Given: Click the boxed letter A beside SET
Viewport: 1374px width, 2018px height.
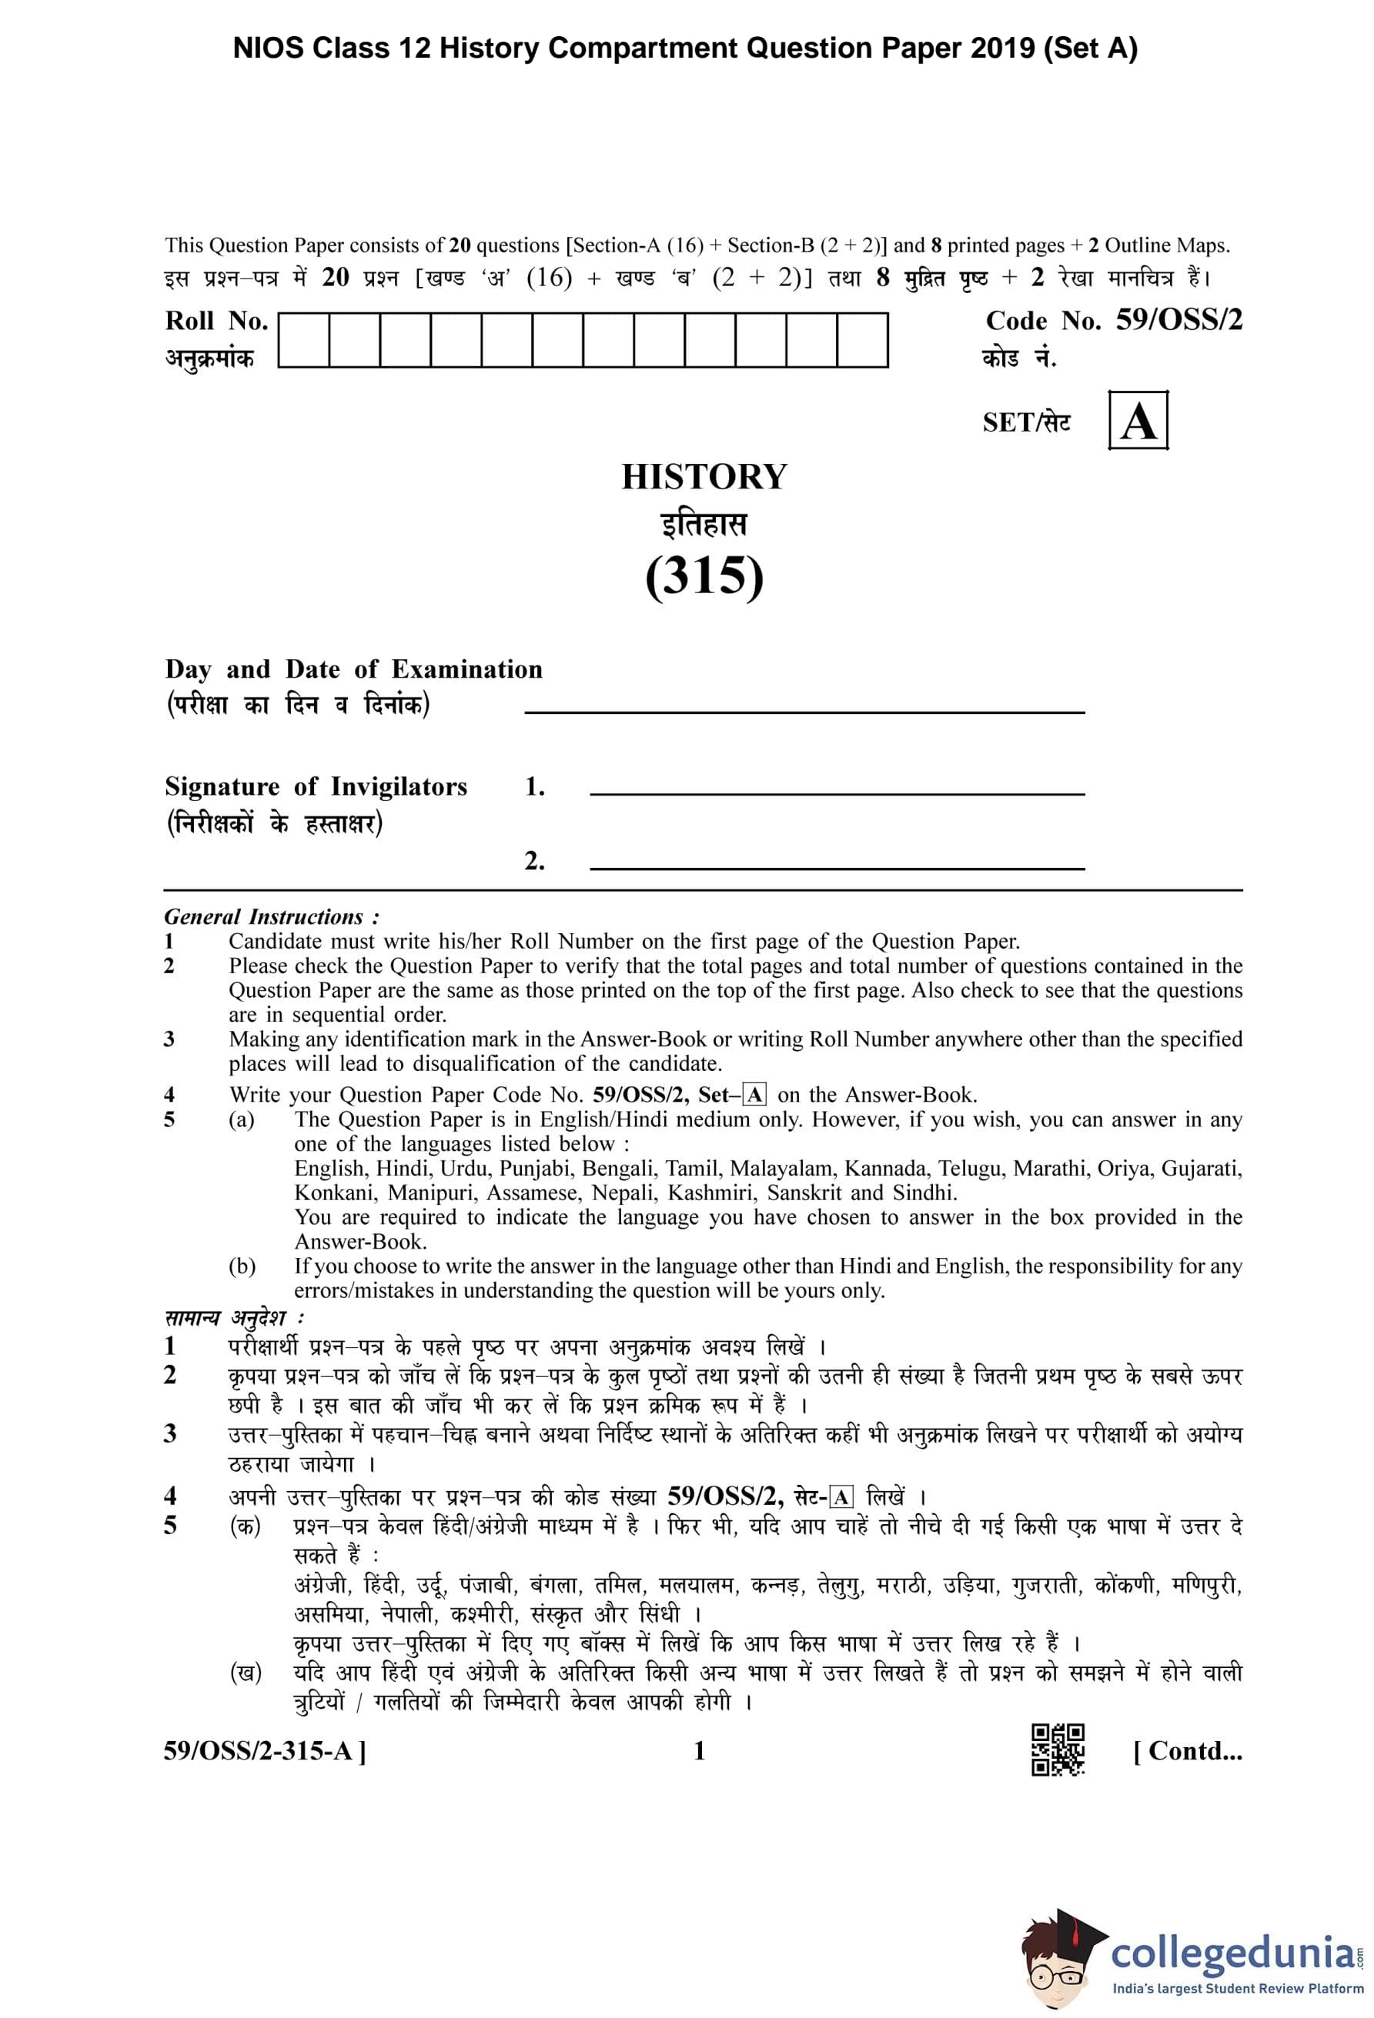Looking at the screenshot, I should [x=1138, y=421].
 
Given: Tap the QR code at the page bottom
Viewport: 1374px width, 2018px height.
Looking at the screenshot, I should [x=1057, y=1749].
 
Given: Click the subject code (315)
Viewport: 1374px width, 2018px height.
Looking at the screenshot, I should [x=704, y=575].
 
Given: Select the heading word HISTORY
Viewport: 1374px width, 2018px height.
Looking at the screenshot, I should [x=704, y=477].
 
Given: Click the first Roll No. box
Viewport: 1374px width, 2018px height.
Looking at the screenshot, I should [x=303, y=340].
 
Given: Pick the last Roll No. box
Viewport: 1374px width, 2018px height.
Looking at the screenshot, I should [x=861, y=340].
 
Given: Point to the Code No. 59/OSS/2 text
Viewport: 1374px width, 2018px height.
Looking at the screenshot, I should [x=1114, y=322].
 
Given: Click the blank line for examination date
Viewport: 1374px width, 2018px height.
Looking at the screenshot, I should [x=804, y=710].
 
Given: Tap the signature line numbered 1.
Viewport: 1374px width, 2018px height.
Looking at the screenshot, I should [x=837, y=792].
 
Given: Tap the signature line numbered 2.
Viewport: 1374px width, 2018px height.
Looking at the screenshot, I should [x=837, y=866].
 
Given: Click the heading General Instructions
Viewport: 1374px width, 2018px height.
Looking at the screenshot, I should [x=271, y=917].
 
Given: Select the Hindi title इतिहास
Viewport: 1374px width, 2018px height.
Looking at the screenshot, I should [x=704, y=525].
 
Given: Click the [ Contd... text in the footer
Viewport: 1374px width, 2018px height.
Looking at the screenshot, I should [x=1187, y=1750].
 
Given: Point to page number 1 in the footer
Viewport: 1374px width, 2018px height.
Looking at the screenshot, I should [x=699, y=1750].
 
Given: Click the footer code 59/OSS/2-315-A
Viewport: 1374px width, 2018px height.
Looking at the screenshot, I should [x=264, y=1750].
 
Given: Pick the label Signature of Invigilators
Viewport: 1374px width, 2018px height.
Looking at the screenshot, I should [x=316, y=787].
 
